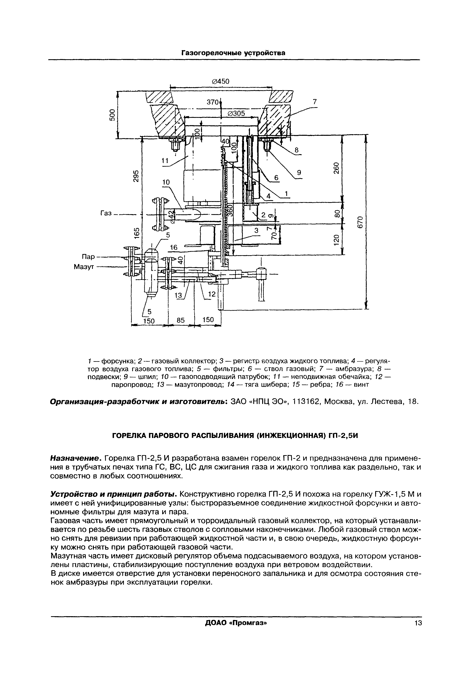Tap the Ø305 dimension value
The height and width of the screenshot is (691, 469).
click(x=236, y=113)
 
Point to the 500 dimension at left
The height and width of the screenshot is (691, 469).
click(x=112, y=115)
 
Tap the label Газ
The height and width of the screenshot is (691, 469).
click(x=106, y=213)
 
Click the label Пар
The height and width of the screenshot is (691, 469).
click(x=88, y=256)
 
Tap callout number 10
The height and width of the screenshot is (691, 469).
click(x=166, y=182)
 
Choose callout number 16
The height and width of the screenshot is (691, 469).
click(x=173, y=247)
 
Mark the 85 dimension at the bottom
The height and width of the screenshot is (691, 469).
click(x=181, y=320)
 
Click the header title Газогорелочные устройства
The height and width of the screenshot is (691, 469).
click(x=233, y=53)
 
